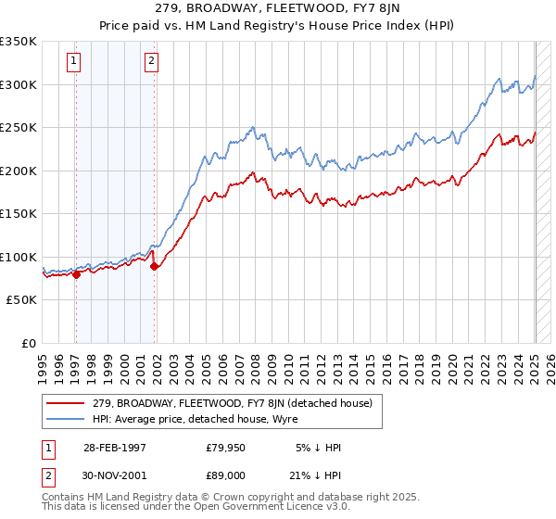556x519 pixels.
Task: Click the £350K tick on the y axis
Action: pos(19,42)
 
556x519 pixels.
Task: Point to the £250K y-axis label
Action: pos(19,128)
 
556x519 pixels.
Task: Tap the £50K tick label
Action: pos(22,300)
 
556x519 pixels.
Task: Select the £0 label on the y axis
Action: pos(30,343)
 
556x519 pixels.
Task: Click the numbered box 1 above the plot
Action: pos(73,62)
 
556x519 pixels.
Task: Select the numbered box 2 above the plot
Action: pos(150,62)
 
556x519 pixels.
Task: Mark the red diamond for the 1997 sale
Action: pos(76,273)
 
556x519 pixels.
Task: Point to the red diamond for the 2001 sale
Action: pos(154,267)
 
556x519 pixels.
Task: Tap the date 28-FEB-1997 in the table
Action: pos(115,448)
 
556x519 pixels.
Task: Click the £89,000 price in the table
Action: pos(225,475)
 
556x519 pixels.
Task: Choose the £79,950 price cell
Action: pos(225,448)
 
